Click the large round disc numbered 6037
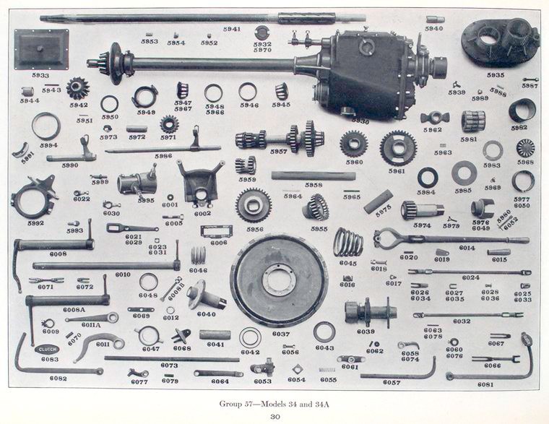(278, 280)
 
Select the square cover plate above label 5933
(41, 49)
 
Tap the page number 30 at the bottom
(274, 416)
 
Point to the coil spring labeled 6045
(347, 242)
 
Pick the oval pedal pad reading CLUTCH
(48, 349)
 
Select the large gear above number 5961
(397, 147)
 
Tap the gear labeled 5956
(253, 204)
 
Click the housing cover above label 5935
(500, 42)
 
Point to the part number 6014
(466, 248)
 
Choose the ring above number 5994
(46, 126)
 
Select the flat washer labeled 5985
(464, 173)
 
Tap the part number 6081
(485, 385)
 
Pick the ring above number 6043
(324, 332)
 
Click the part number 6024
(470, 278)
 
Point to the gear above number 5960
(354, 143)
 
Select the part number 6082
(58, 378)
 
